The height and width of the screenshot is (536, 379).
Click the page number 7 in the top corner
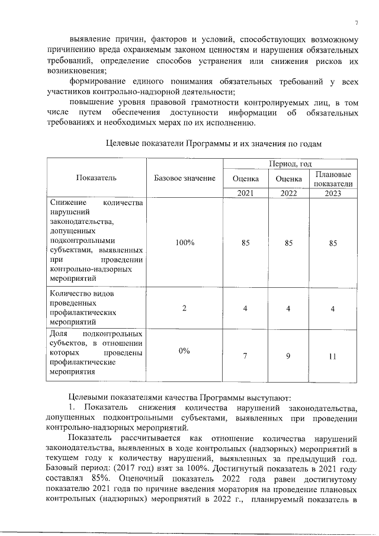point(356,23)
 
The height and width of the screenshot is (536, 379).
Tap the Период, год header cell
point(290,163)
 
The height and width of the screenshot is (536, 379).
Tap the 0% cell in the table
point(184,351)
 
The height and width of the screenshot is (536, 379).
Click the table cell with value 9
point(289,357)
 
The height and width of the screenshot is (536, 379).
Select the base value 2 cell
point(185,308)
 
